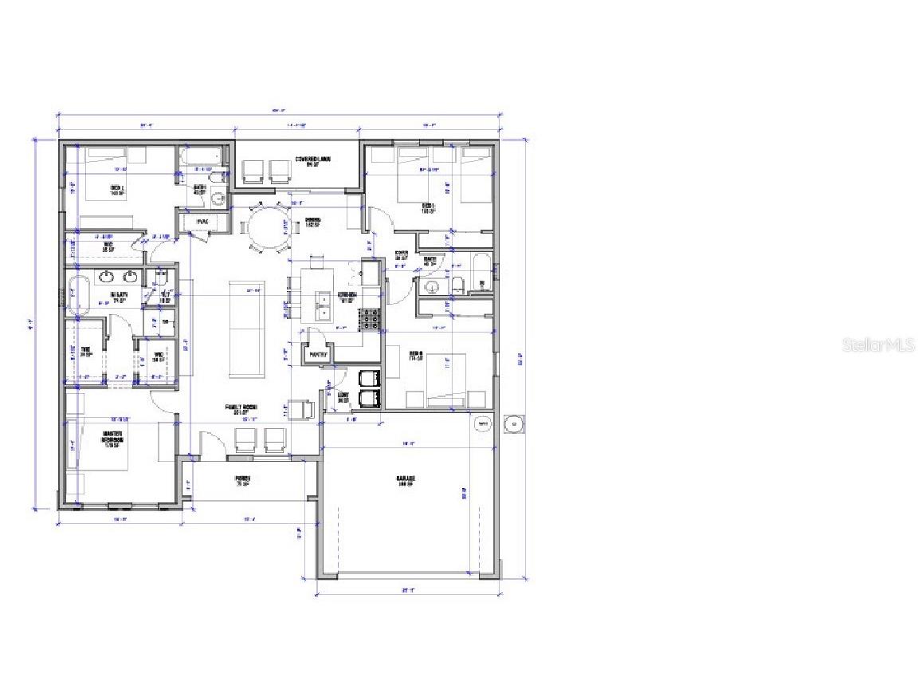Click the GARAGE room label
coord(406,480)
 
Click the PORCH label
coord(243,481)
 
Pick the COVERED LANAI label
coord(312,160)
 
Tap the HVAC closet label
coord(192,222)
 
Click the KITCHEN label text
coord(347,295)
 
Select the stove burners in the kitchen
coord(371,320)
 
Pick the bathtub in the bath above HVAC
coord(205,157)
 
